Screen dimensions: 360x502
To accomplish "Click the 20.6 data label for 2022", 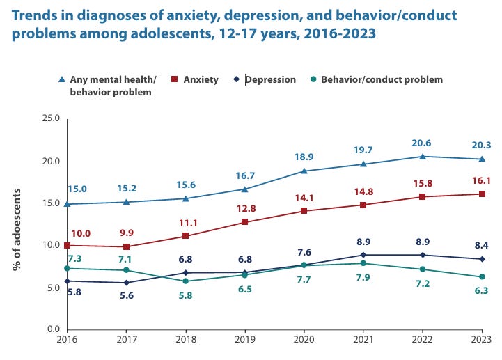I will pos(420,143).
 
